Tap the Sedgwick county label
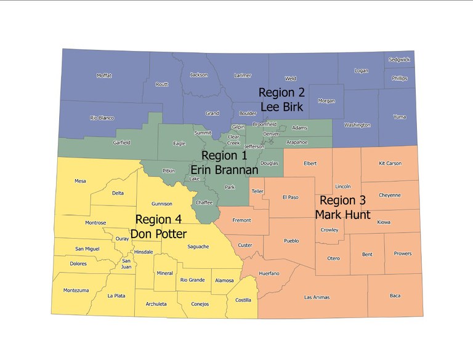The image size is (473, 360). point(399,60)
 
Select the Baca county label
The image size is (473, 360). point(395,295)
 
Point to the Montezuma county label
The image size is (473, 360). point(76,290)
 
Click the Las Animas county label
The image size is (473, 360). point(317,297)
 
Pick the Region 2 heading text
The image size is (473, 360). point(281,92)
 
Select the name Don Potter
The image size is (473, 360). point(158,234)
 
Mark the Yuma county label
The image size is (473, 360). point(400,116)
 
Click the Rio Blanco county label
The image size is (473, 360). point(102,118)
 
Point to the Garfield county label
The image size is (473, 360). point(121,143)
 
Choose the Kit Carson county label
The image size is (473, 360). point(389,163)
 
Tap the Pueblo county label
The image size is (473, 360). point(291,241)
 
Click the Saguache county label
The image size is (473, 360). point(198,246)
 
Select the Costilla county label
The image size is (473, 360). point(243,300)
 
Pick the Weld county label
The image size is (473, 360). point(290,79)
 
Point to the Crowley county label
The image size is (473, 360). point(329,230)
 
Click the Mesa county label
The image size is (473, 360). point(80,181)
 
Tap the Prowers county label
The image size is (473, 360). point(403,254)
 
